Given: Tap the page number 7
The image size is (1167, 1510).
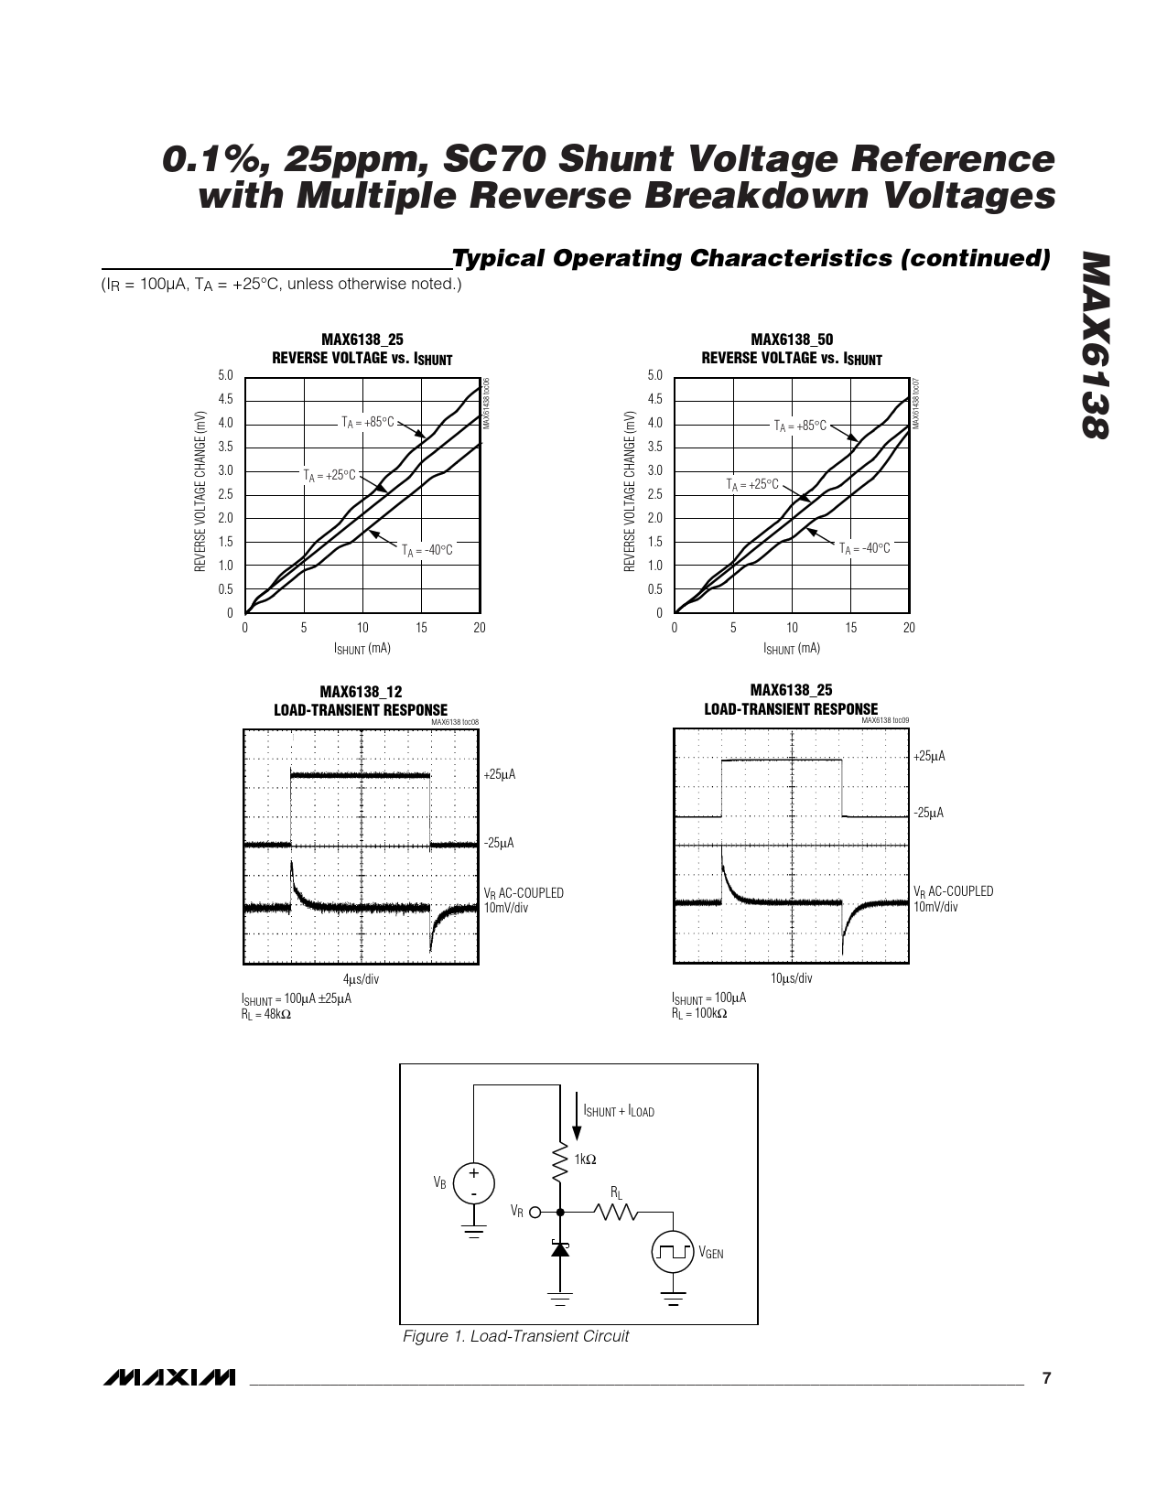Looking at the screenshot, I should click(x=1048, y=1377).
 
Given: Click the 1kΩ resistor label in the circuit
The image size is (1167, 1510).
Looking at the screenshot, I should click(x=585, y=1159).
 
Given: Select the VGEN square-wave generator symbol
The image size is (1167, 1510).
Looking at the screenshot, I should click(x=673, y=1253).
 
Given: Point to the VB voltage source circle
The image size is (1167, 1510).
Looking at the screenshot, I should click(x=474, y=1183).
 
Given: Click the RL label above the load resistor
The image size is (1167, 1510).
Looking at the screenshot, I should click(x=617, y=1192).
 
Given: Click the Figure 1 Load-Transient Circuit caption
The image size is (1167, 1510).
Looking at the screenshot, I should click(x=516, y=1336).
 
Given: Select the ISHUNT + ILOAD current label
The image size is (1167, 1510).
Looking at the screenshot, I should click(x=619, y=1112).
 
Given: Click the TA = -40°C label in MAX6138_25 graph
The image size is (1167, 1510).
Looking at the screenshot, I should click(x=427, y=550).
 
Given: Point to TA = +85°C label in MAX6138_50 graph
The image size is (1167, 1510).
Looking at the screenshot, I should click(x=800, y=426).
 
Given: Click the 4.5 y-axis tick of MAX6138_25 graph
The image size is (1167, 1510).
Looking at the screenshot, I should click(x=226, y=399).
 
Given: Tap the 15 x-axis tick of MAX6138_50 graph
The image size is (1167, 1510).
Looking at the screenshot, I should click(x=850, y=628).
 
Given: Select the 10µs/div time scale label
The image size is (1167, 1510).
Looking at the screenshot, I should click(x=791, y=978).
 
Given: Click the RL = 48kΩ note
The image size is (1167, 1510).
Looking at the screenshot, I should click(x=266, y=1014).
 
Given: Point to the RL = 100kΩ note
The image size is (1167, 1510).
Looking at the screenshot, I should click(x=699, y=1013).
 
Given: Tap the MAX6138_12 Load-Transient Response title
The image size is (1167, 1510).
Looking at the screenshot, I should click(x=361, y=701).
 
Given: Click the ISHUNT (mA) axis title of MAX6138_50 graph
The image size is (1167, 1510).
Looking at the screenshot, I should click(x=792, y=648).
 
